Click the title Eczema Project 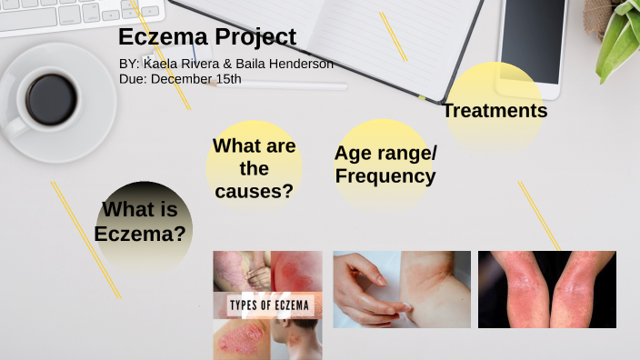pyautogui.click(x=207, y=38)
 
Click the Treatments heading pyautogui.click(x=495, y=111)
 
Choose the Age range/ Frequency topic pyautogui.click(x=385, y=165)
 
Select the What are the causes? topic pyautogui.click(x=254, y=168)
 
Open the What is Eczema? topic pyautogui.click(x=141, y=222)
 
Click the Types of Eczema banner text pyautogui.click(x=267, y=304)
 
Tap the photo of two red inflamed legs pyautogui.click(x=546, y=289)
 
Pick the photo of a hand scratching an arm pyautogui.click(x=401, y=289)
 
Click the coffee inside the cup pyautogui.click(x=51, y=99)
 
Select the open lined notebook pyautogui.click(x=355, y=36)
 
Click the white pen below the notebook pyautogui.click(x=300, y=86)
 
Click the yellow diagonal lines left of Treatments pyautogui.click(x=393, y=36)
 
